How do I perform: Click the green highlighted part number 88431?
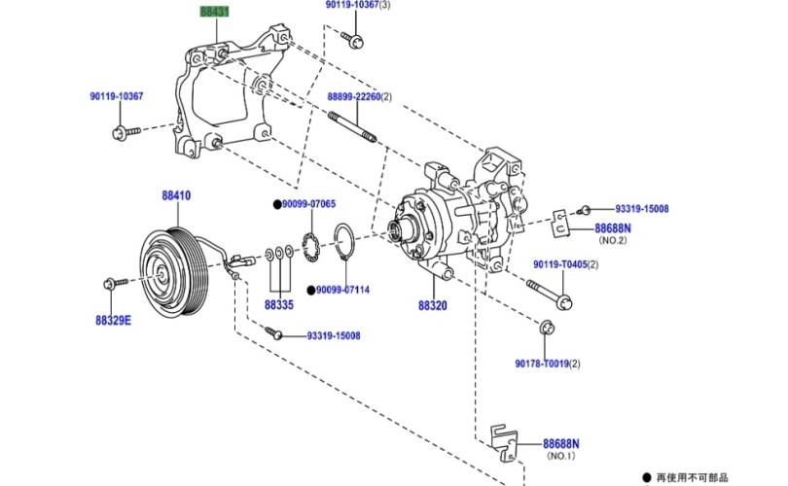coord(215,11)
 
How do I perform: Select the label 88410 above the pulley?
coord(176,195)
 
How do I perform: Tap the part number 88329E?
coord(113,321)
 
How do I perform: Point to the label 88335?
coord(279,305)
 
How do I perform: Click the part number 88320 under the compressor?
coord(433,305)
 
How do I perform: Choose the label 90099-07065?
coord(308,204)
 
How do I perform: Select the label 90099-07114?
coord(342,290)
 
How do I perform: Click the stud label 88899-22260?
coord(354,96)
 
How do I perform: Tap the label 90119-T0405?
coord(560,264)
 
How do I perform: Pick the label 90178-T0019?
coord(542,363)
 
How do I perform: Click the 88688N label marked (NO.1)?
coord(561,444)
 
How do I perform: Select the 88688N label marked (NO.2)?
coord(613,228)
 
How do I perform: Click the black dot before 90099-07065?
coord(277,204)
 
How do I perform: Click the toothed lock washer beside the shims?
coord(311,247)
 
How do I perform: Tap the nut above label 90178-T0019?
coord(547,328)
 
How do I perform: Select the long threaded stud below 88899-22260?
coord(352,127)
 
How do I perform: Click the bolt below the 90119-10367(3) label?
coord(352,40)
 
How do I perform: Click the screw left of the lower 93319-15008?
coord(274,332)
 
